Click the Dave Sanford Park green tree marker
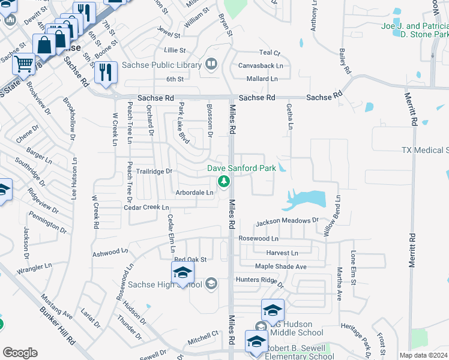[224, 180]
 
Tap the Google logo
[20, 353]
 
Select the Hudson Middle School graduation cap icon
[273, 311]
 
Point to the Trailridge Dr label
[153, 171]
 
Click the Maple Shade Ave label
[280, 266]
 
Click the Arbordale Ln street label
[194, 193]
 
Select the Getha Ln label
[289, 118]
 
